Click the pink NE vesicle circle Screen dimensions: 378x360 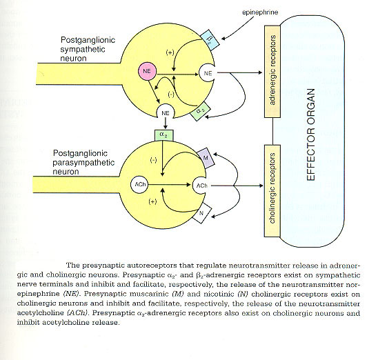(147, 71)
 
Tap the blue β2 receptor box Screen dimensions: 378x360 (210, 40)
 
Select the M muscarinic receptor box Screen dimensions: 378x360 (206, 158)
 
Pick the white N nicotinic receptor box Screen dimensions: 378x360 (202, 213)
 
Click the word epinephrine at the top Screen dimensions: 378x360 (260, 12)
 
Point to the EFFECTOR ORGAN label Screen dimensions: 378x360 (311, 134)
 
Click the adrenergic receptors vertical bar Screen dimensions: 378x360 (272, 71)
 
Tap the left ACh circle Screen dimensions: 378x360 (139, 185)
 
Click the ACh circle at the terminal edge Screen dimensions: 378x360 (201, 186)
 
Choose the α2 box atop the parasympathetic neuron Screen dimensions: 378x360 (164, 135)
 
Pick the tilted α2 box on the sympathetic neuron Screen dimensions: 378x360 (201, 112)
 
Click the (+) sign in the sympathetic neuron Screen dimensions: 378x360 (170, 52)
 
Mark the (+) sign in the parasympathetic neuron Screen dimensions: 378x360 (153, 201)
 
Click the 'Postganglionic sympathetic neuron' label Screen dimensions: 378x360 (88, 49)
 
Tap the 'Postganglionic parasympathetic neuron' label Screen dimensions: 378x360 (83, 162)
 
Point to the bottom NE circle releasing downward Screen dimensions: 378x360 (166, 112)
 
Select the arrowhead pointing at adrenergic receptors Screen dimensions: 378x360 (260, 72)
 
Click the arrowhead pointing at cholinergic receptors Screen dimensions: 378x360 (261, 186)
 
